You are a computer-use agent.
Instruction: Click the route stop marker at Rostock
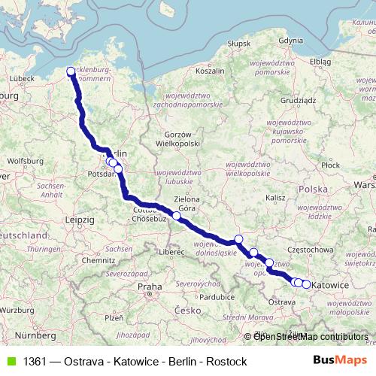pos(71,72)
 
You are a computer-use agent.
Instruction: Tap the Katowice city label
pos(329,286)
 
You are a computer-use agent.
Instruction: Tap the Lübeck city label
pos(23,77)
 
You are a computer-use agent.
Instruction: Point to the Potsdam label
pos(100,173)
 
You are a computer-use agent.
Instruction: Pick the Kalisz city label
pos(276,197)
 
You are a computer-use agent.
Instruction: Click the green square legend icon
pos(11,361)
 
